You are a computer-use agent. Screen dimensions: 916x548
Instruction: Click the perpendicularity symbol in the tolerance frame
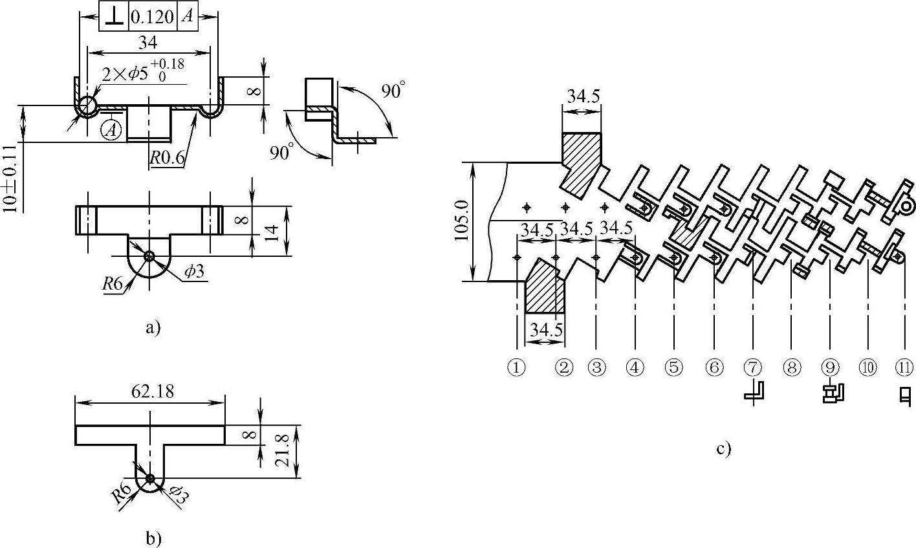114,17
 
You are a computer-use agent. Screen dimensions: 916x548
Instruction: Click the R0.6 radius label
167,157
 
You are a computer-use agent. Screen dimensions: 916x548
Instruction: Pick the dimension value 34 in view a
148,43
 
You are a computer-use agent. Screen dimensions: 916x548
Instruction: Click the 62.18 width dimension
152,392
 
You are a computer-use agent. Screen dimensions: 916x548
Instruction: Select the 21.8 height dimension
282,450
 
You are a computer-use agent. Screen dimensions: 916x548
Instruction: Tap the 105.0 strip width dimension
462,221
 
